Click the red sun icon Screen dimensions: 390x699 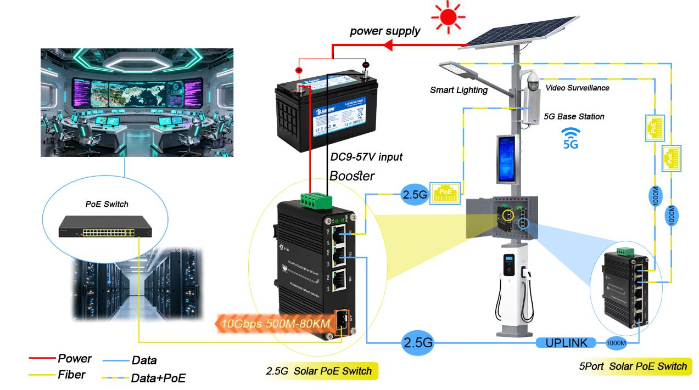[448, 16]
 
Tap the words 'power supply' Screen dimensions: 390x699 [385, 31]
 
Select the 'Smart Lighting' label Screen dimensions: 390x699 [458, 90]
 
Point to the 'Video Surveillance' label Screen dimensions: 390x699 [577, 87]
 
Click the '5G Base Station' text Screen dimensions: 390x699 [574, 116]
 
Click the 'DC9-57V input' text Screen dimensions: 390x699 [366, 157]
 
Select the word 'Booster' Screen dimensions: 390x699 [352, 176]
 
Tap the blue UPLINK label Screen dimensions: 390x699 [566, 343]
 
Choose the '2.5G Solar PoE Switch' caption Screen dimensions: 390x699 [319, 371]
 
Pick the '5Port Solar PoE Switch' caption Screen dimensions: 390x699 [633, 366]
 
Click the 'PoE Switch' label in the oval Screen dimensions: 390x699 [107, 204]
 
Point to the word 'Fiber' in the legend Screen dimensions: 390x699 [71, 375]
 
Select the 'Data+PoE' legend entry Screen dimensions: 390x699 [158, 378]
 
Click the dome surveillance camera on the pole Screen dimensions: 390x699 [533, 81]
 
